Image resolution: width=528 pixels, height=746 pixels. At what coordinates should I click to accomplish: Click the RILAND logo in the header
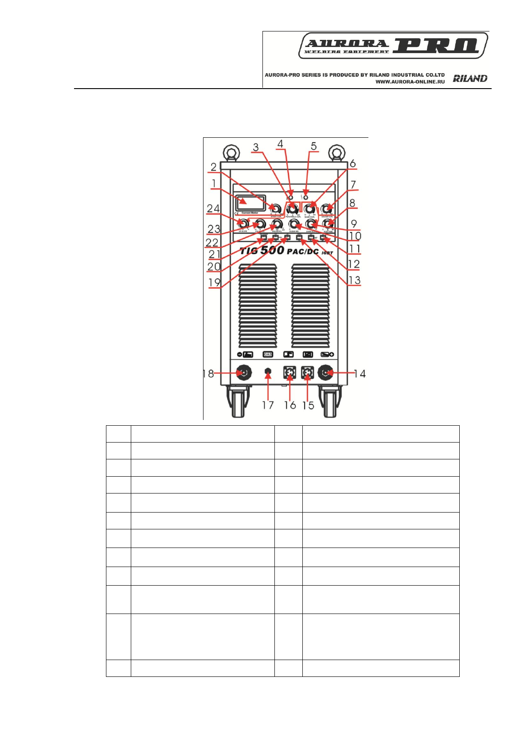pyautogui.click(x=470, y=78)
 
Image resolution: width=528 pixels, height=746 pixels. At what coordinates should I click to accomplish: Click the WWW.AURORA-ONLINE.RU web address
pyautogui.click(x=410, y=82)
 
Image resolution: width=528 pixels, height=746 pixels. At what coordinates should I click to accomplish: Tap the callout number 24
pyautogui.click(x=213, y=208)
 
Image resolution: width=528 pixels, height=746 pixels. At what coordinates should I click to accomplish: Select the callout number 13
pyautogui.click(x=354, y=280)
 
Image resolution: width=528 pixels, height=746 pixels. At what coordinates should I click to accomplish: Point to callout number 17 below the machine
pyautogui.click(x=268, y=405)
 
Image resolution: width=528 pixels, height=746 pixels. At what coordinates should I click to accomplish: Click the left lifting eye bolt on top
pyautogui.click(x=232, y=153)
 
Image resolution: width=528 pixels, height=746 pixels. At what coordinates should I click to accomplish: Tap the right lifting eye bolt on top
pyautogui.click(x=337, y=153)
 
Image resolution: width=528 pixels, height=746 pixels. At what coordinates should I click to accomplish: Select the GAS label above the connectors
pyautogui.click(x=268, y=354)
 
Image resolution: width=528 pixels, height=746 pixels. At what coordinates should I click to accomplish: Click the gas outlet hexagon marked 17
pyautogui.click(x=268, y=373)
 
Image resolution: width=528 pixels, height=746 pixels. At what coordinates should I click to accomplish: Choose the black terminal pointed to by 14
pyautogui.click(x=326, y=373)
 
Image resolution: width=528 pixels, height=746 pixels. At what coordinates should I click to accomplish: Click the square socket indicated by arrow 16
pyautogui.click(x=289, y=373)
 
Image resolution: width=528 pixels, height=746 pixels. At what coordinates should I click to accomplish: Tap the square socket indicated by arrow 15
pyautogui.click(x=308, y=373)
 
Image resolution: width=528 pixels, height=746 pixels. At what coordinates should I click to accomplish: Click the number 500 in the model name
pyautogui.click(x=272, y=250)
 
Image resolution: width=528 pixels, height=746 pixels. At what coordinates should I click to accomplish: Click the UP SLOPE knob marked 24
pyautogui.click(x=242, y=223)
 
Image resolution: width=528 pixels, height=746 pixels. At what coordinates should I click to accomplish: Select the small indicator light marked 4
pyautogui.click(x=291, y=197)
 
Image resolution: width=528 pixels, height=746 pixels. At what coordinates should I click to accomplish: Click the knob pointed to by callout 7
pyautogui.click(x=327, y=208)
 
